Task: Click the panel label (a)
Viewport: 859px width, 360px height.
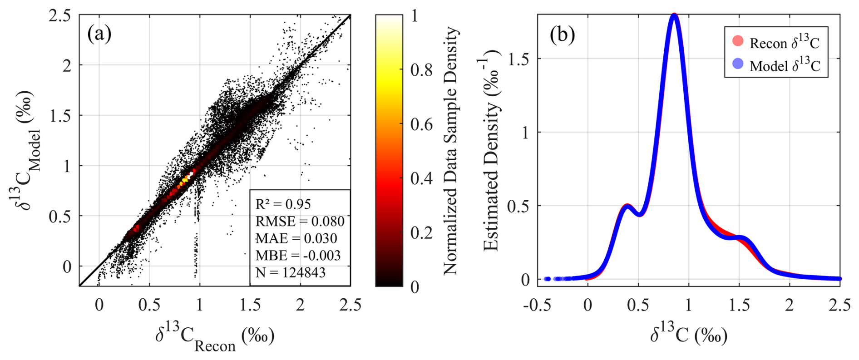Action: [x=99, y=34]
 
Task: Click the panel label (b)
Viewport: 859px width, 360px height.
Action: [x=562, y=35]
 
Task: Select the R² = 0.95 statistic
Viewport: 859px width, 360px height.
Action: [x=283, y=204]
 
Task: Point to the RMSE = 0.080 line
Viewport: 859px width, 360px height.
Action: [x=300, y=221]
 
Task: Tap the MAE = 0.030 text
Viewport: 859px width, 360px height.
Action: [x=296, y=238]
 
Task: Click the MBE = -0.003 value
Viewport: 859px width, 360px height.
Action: [x=298, y=255]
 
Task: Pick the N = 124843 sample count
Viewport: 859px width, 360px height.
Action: [x=291, y=272]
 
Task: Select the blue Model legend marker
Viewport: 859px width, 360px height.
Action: [x=738, y=64]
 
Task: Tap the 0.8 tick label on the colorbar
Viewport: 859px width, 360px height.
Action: [x=421, y=70]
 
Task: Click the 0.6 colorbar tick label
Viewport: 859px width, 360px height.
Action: [x=421, y=124]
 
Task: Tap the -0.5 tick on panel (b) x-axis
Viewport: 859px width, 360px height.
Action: [x=537, y=305]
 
